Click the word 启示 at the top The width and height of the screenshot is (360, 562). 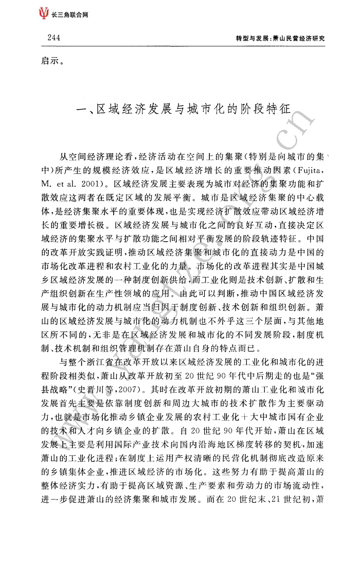click(x=50, y=63)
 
